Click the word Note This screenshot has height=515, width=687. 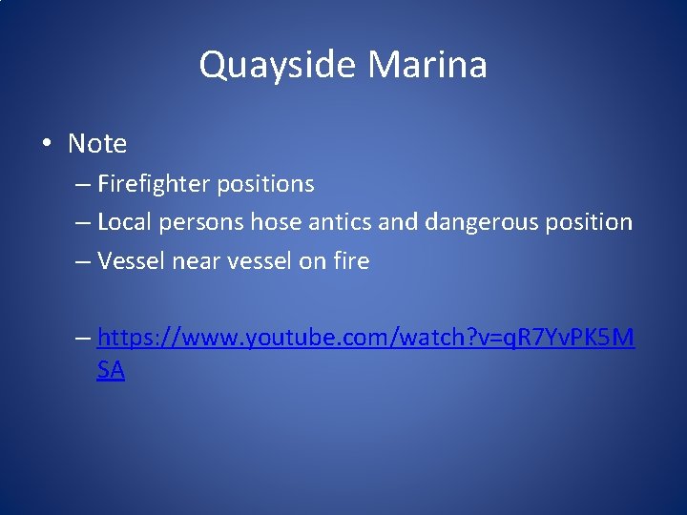tap(97, 144)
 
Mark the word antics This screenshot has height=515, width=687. tap(340, 222)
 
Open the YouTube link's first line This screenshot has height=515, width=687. tap(365, 338)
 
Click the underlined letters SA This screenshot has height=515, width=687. tap(111, 371)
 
